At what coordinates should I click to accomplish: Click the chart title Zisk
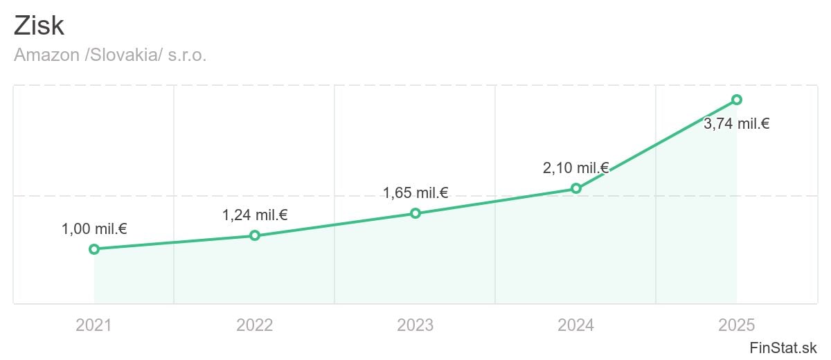(39, 26)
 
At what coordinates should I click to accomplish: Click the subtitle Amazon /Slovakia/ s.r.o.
(110, 55)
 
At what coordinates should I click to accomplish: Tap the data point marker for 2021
(94, 249)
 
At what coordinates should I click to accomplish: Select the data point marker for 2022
(255, 235)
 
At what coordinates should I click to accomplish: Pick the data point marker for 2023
(415, 213)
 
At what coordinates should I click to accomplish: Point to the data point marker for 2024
(576, 188)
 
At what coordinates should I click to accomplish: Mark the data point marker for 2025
(737, 100)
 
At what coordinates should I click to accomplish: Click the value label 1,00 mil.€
(94, 228)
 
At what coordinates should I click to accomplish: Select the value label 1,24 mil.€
(255, 215)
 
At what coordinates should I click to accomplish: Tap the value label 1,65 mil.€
(415, 192)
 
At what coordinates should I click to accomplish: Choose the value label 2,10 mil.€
(575, 168)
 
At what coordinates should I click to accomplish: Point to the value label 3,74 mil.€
(737, 125)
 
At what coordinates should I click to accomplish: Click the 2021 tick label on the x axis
(94, 325)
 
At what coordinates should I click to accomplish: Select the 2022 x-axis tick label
(255, 325)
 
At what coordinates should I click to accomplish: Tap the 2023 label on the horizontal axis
(415, 325)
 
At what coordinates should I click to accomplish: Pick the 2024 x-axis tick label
(576, 325)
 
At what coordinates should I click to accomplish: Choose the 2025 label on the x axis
(737, 325)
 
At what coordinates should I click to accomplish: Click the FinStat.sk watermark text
(783, 347)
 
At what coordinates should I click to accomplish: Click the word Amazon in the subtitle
(46, 55)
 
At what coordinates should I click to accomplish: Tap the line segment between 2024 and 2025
(656, 144)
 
